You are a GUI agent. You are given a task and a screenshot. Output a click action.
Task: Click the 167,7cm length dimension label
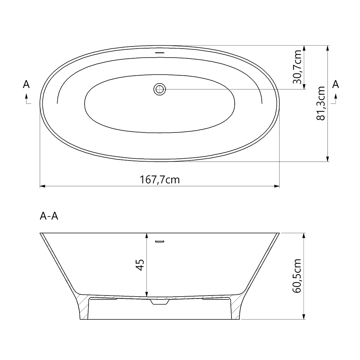[159, 179]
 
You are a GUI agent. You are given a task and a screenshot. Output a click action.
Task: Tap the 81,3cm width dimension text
[321, 103]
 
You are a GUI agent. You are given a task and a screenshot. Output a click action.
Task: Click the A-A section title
[49, 216]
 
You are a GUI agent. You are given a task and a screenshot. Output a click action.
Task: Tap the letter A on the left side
[26, 84]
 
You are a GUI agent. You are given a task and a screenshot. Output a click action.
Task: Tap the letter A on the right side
[336, 84]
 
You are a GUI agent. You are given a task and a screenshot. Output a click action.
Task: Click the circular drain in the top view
[159, 89]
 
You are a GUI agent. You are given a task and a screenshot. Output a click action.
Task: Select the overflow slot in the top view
[159, 53]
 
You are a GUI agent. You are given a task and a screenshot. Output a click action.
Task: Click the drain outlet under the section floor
[159, 302]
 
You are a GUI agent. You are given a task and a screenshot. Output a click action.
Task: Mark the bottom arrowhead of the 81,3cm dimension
[327, 159]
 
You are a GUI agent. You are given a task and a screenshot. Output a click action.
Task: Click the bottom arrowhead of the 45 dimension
[147, 294]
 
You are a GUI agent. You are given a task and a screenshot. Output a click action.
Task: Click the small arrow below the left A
[27, 98]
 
